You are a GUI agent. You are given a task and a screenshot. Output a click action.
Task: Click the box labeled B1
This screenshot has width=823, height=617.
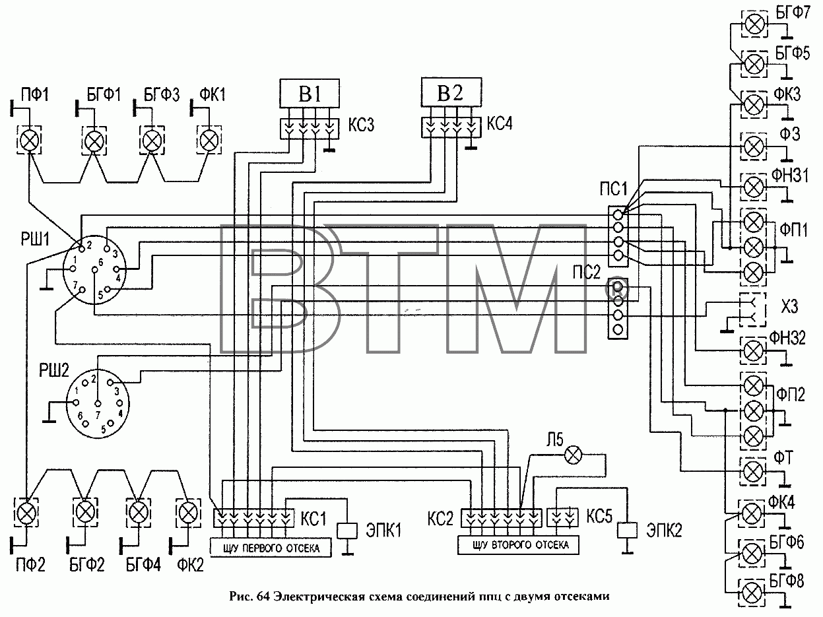click(x=310, y=93)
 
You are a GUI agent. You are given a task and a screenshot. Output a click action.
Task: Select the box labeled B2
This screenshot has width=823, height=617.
click(x=451, y=92)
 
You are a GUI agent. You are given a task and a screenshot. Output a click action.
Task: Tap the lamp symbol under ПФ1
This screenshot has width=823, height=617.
click(x=29, y=141)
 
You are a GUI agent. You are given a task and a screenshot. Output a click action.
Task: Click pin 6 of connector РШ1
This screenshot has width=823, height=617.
click(x=94, y=269)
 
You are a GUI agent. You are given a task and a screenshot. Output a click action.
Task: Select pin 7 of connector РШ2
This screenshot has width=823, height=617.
click(x=98, y=404)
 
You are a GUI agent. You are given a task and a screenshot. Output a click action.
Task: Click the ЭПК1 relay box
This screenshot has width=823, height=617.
click(x=347, y=531)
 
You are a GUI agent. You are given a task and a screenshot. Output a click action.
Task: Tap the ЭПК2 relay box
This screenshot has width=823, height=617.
click(x=627, y=530)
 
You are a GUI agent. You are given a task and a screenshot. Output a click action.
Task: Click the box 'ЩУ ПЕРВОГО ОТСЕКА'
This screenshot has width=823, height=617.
click(x=271, y=548)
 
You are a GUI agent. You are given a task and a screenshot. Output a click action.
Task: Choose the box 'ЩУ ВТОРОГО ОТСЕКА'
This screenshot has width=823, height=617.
click(x=518, y=545)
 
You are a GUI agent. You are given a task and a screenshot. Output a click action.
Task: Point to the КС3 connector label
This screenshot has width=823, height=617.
click(x=361, y=124)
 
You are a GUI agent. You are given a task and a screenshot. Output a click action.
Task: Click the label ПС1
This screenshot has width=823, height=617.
click(x=613, y=189)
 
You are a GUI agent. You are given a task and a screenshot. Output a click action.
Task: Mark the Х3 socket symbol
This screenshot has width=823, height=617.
click(x=752, y=309)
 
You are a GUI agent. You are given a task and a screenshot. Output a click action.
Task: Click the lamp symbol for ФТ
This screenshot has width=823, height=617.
click(x=753, y=471)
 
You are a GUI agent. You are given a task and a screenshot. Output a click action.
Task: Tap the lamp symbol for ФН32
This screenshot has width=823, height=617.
click(x=753, y=351)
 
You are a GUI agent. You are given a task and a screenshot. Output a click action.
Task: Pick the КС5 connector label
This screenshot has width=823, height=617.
click(x=599, y=517)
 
